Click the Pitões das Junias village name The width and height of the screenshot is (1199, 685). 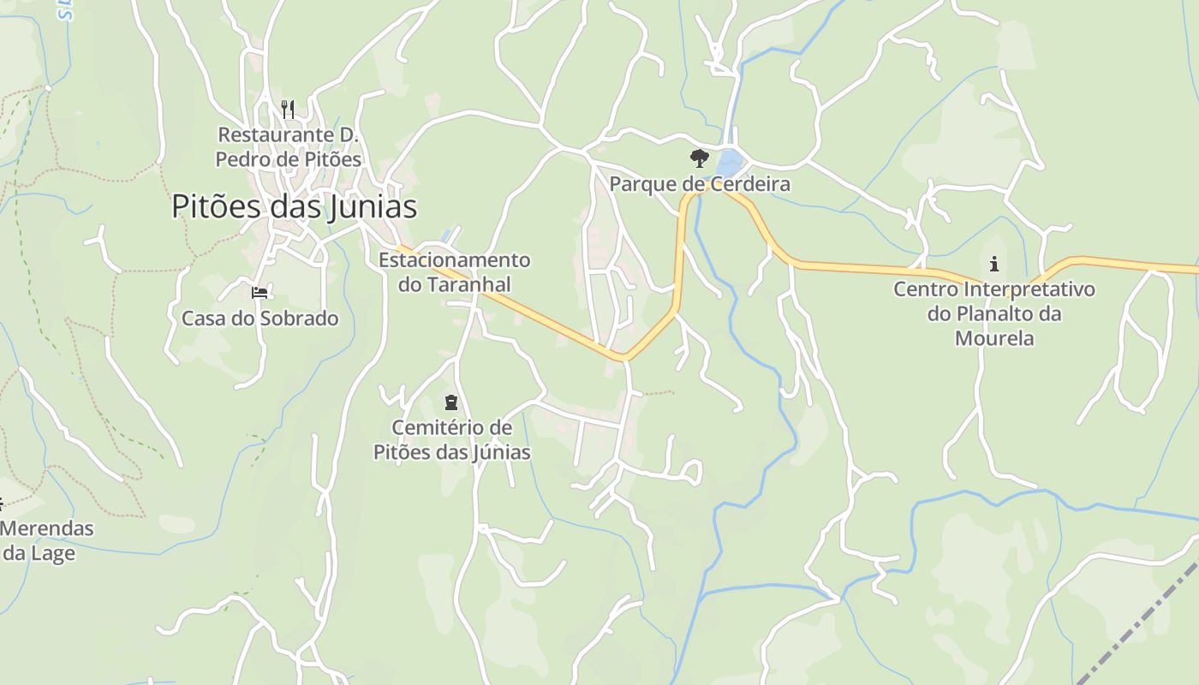tap(294, 206)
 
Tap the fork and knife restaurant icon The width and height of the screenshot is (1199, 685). tap(288, 109)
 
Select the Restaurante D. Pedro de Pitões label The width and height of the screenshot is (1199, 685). tap(288, 146)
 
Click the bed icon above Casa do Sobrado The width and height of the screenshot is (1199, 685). tap(259, 293)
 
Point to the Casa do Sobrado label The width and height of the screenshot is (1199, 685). tap(259, 319)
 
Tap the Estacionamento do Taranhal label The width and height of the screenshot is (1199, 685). tap(454, 271)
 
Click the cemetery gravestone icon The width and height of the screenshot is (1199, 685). tap(451, 402)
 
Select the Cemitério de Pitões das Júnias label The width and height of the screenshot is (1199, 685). tap(451, 439)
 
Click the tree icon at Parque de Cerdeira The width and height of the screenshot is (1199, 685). tap(699, 158)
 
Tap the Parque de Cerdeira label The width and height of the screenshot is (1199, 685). tap(699, 184)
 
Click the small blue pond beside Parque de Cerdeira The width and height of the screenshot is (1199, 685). tap(729, 161)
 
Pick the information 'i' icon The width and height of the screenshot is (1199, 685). tap(993, 263)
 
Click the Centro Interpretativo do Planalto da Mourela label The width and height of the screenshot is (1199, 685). tap(993, 313)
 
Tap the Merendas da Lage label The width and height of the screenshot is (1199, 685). tap(43, 540)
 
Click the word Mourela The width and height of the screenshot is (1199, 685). tap(993, 338)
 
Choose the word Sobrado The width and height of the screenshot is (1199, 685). tap(300, 319)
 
